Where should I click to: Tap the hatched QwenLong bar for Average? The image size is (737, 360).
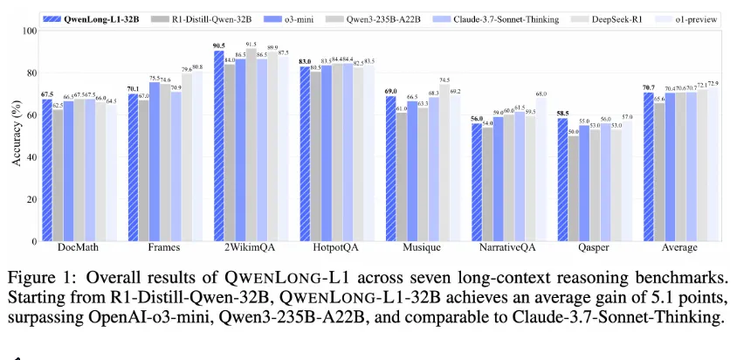(x=648, y=166)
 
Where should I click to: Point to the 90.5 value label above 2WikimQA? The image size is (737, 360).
(x=218, y=45)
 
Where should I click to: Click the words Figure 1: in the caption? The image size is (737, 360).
(x=38, y=278)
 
